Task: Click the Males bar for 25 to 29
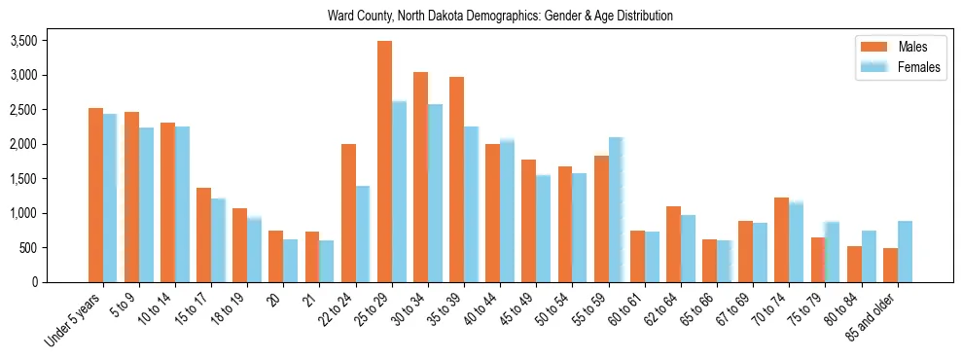coord(385,162)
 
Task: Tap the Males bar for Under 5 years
coord(95,195)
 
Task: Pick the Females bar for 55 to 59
coord(616,209)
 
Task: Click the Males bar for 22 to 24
coord(348,213)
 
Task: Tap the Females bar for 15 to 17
coord(219,240)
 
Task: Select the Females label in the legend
coord(919,67)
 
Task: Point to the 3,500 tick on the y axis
coord(23,41)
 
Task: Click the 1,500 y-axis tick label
coord(23,179)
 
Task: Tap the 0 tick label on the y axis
coord(33,282)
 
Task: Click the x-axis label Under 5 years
coord(77,320)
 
